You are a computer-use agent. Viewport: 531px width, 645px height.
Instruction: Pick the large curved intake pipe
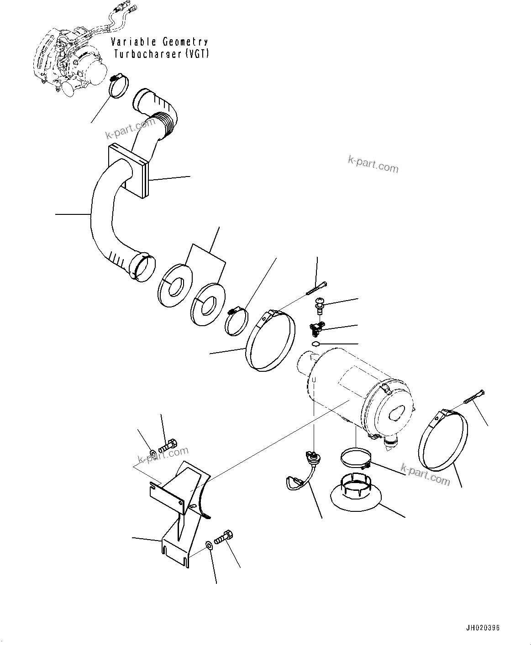103,214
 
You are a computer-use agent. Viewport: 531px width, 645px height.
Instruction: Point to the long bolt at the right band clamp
475,396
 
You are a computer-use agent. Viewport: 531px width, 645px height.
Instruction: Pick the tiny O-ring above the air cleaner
315,344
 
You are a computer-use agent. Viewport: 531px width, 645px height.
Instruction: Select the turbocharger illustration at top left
68,62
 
